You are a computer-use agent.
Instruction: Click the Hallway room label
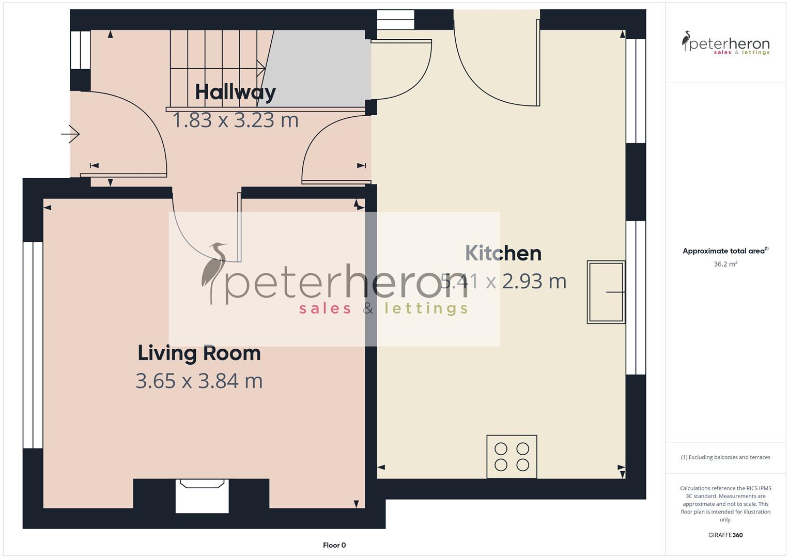point(235,92)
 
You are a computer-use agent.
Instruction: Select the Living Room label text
point(199,353)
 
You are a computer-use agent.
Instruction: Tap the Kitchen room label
point(503,253)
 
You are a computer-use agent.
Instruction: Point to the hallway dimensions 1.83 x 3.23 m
point(235,120)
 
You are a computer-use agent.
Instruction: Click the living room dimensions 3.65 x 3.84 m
point(199,381)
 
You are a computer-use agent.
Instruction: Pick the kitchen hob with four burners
point(512,457)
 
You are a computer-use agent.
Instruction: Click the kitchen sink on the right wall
point(606,292)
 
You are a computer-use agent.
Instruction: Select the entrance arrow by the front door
point(71,134)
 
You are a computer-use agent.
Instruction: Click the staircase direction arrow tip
point(264,68)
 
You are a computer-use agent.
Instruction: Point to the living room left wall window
point(33,345)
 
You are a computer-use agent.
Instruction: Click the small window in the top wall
point(395,20)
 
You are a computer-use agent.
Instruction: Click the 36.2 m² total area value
point(725,264)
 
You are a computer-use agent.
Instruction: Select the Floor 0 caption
point(334,545)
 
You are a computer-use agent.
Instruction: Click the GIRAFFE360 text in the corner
point(725,535)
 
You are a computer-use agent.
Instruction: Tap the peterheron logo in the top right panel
point(725,43)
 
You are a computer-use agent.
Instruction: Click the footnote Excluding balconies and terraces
point(725,457)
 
